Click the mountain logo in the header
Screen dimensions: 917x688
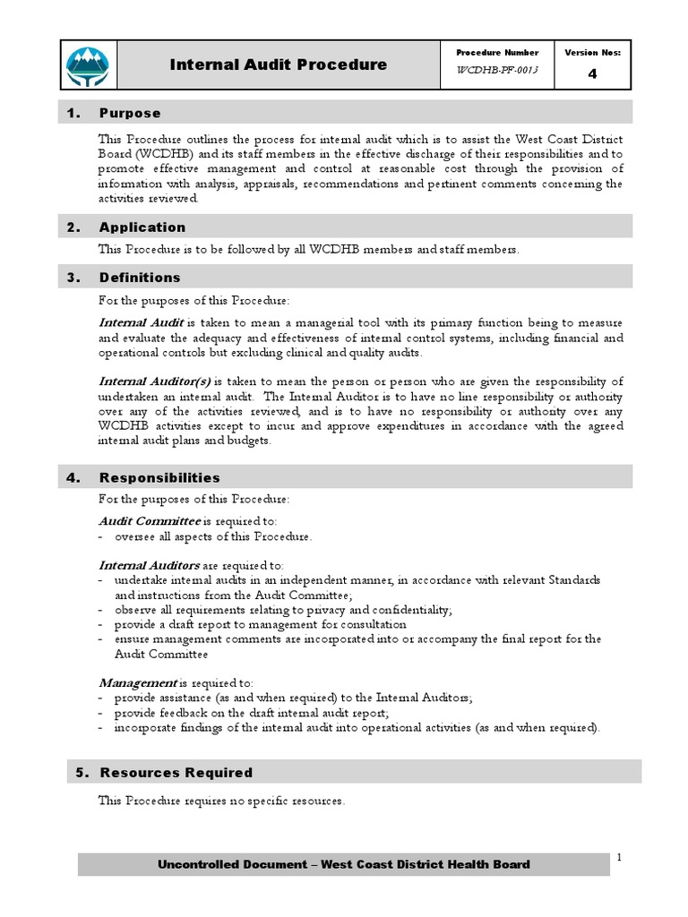coord(88,64)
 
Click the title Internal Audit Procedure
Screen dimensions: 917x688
coord(279,64)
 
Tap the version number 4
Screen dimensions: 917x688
coord(592,74)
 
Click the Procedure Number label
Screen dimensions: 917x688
coord(497,53)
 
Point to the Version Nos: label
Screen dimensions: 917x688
coord(592,53)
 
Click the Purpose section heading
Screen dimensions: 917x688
coord(130,113)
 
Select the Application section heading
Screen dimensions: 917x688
coord(142,227)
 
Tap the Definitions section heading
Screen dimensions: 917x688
coord(140,278)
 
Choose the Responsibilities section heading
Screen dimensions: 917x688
coord(159,478)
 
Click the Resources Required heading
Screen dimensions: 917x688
coord(176,772)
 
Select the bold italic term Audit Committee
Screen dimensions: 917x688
coord(150,520)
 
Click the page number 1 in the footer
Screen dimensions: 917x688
coord(619,858)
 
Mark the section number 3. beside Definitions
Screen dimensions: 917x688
coord(74,278)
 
